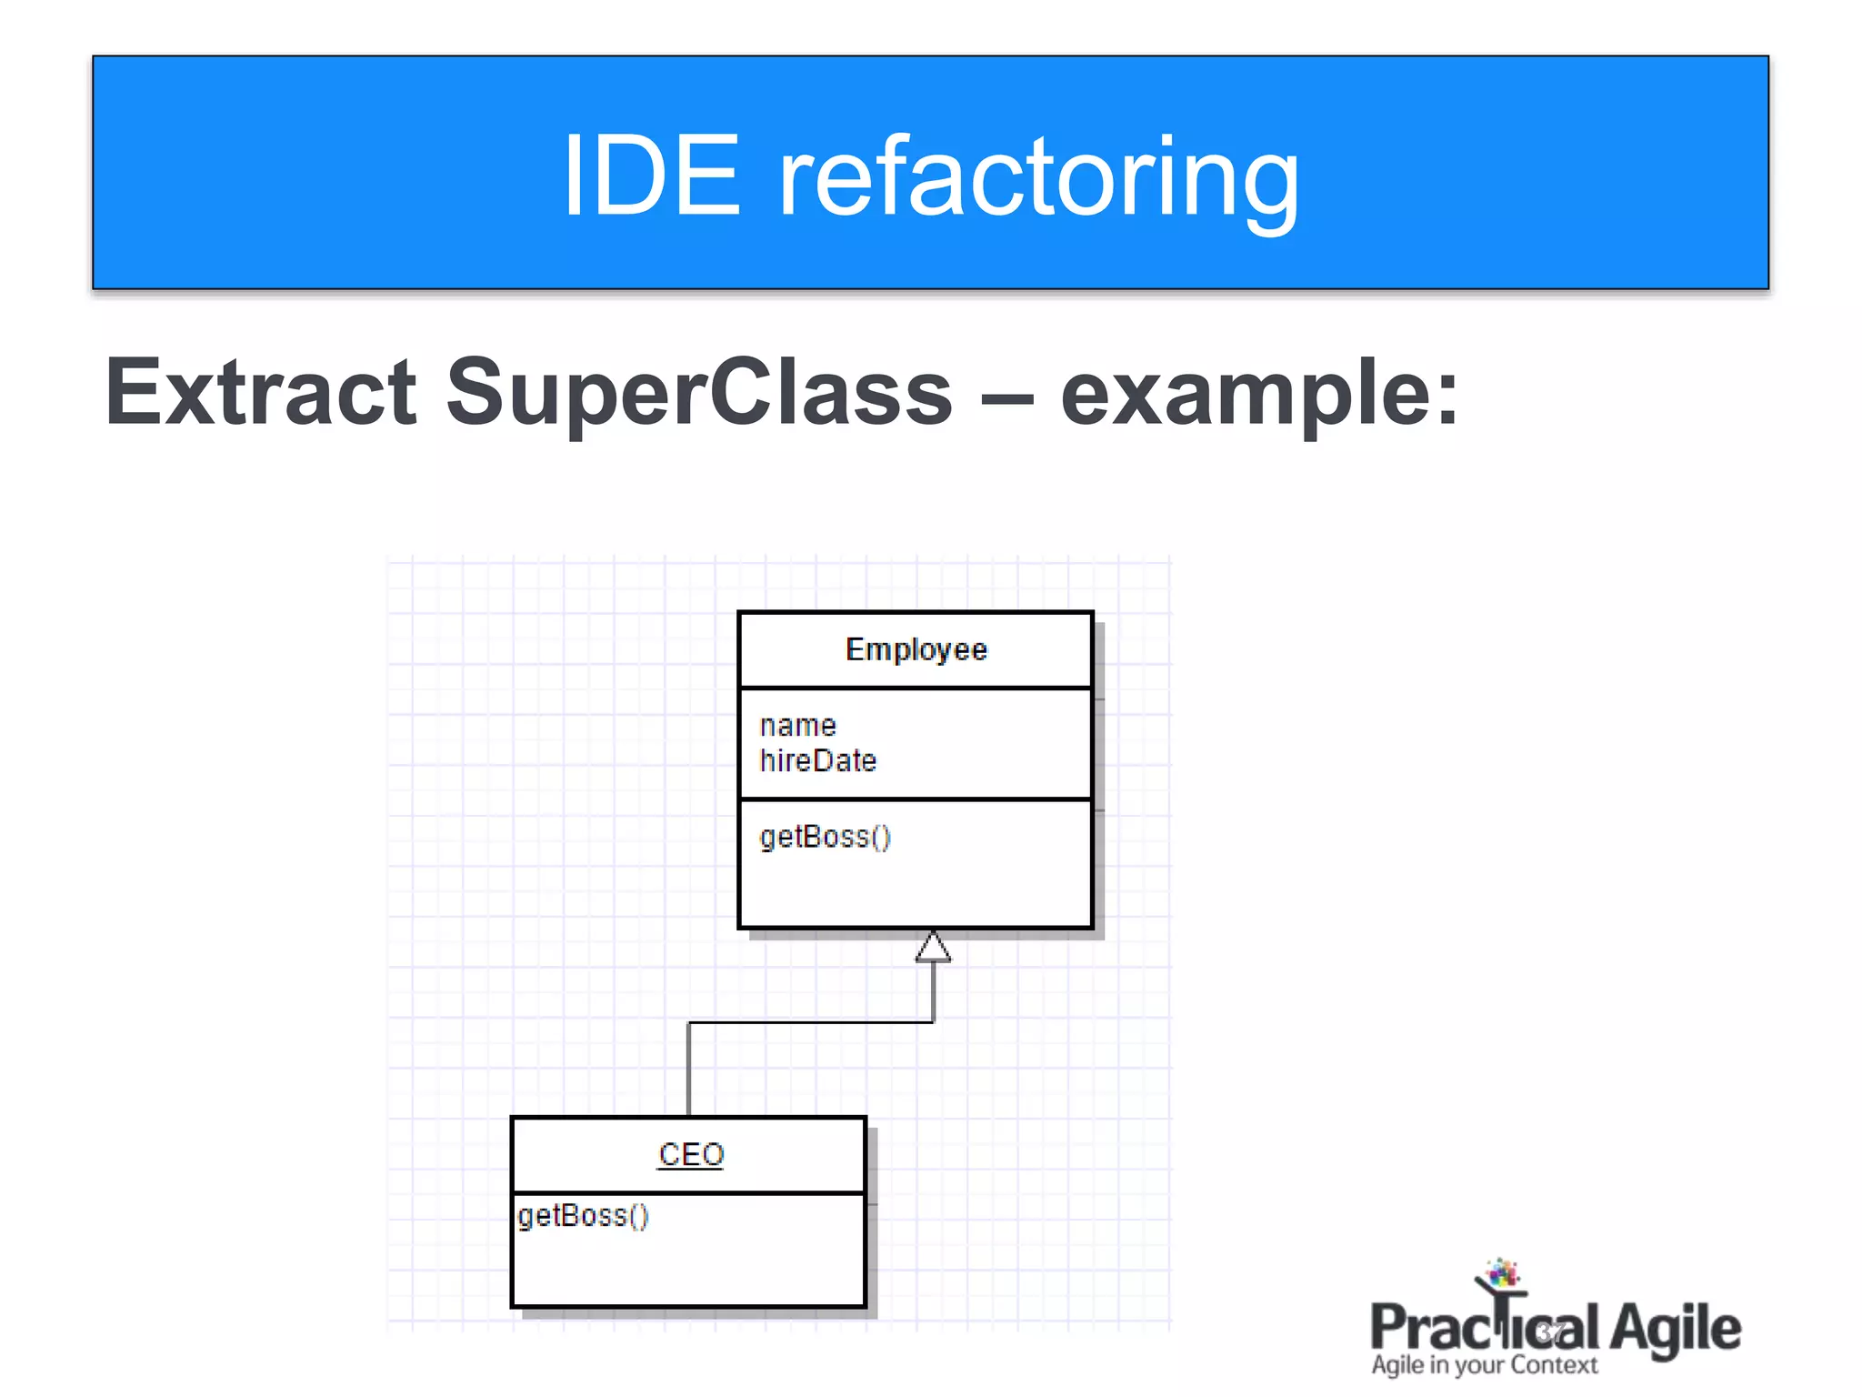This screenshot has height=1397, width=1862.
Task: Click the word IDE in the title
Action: click(x=651, y=175)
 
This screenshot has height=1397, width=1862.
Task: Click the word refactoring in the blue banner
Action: click(x=1038, y=176)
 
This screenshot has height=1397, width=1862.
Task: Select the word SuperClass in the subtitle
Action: click(x=698, y=394)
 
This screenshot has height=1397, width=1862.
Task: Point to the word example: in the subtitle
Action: click(x=1259, y=394)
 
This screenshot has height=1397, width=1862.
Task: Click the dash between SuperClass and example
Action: click(x=1006, y=397)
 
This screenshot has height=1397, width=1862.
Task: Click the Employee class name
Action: click(x=916, y=649)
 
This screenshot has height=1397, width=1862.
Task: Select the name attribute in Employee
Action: click(x=797, y=726)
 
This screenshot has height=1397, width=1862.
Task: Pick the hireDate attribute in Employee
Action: click(x=817, y=761)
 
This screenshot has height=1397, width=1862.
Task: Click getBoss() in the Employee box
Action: click(x=825, y=837)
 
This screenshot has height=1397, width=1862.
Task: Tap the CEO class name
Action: click(x=690, y=1155)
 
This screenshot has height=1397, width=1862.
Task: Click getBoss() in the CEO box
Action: click(x=583, y=1216)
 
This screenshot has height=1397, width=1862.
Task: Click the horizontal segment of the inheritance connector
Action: click(x=809, y=1023)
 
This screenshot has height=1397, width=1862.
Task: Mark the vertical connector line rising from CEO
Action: click(x=689, y=1069)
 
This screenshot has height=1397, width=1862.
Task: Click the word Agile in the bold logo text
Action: click(x=1675, y=1329)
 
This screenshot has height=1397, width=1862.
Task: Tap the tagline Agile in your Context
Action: click(x=1484, y=1365)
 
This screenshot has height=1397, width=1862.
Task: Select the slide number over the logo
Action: click(x=1551, y=1333)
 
